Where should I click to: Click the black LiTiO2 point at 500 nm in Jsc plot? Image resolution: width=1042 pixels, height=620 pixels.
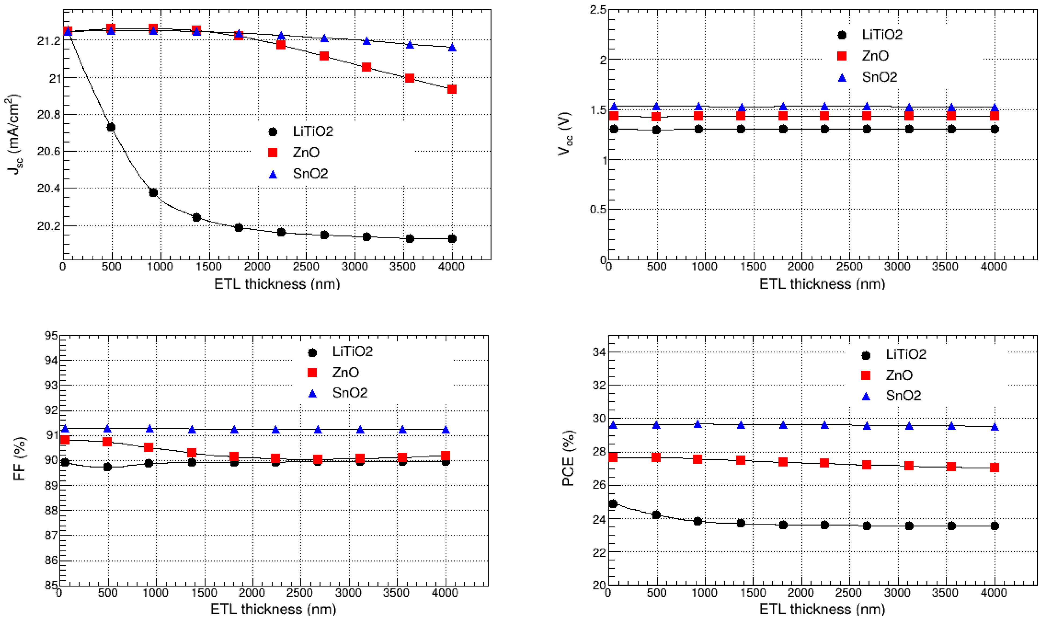[111, 127]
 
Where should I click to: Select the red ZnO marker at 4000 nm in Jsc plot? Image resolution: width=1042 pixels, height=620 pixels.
[452, 89]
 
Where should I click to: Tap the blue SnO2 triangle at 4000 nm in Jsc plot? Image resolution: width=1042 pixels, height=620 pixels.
[452, 48]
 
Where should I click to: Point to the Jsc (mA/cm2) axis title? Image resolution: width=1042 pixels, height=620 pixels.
[14, 134]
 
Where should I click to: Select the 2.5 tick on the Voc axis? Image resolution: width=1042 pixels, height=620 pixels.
[598, 10]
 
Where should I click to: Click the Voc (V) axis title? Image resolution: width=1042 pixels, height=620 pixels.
[565, 134]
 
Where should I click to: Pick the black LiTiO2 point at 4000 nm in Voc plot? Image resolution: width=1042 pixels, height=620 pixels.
[995, 129]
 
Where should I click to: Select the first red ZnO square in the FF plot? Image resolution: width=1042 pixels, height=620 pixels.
[65, 440]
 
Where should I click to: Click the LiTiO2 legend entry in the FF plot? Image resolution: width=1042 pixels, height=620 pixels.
[352, 352]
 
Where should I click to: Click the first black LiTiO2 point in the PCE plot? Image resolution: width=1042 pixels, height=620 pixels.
[613, 504]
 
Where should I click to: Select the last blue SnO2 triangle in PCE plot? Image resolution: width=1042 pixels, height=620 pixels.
[995, 427]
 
